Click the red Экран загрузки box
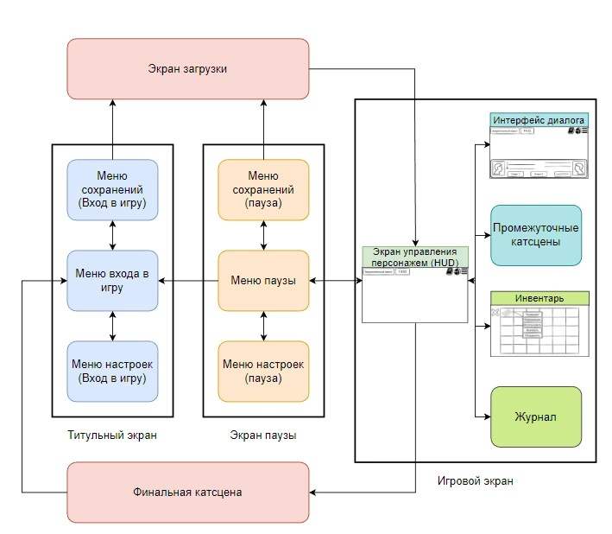pos(187,68)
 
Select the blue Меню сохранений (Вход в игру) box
pos(112,189)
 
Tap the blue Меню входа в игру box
pos(112,281)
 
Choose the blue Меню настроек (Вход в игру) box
pos(112,371)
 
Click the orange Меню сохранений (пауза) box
pos(263,189)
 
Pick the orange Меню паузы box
pos(263,281)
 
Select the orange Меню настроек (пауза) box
pos(263,371)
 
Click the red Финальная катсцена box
pos(187,492)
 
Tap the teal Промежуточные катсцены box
pos(536,235)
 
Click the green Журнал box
pos(536,416)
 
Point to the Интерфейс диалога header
pos(539,120)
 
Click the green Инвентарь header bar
pos(539,298)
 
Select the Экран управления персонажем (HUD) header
pos(415,257)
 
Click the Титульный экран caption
pos(112,435)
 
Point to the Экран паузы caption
pos(263,435)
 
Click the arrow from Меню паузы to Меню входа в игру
pos(187,281)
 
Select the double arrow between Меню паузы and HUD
pos(335,281)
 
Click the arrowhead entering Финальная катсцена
pos(314,493)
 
